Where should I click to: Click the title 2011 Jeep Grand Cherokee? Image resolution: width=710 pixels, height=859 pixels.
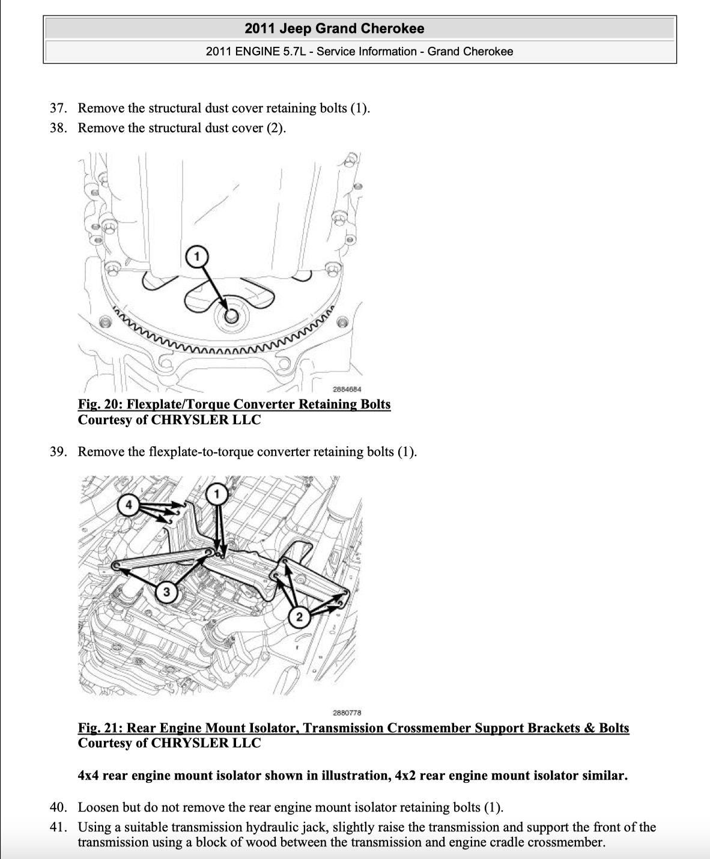pyautogui.click(x=334, y=29)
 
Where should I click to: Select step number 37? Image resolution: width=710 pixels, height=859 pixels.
pyautogui.click(x=57, y=109)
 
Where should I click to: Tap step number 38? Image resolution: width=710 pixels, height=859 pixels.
pyautogui.click(x=57, y=129)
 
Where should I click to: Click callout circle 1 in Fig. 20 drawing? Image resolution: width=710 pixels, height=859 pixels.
pyautogui.click(x=196, y=256)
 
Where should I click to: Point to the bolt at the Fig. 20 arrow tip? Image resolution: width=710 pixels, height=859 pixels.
pyautogui.click(x=231, y=317)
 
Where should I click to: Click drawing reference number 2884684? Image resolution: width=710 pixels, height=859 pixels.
pyautogui.click(x=347, y=389)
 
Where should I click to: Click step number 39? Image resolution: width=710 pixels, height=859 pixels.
pyautogui.click(x=57, y=452)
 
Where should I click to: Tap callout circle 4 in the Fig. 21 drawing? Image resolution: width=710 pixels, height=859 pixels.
pyautogui.click(x=128, y=504)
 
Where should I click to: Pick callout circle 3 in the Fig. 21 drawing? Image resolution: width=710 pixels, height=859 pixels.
pyautogui.click(x=166, y=592)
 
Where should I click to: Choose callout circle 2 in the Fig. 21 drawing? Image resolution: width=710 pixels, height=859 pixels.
pyautogui.click(x=299, y=616)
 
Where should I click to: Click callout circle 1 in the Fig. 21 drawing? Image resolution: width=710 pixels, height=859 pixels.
pyautogui.click(x=217, y=494)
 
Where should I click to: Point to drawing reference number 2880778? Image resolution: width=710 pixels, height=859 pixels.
pyautogui.click(x=347, y=712)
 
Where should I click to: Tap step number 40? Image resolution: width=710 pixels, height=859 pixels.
pyautogui.click(x=57, y=807)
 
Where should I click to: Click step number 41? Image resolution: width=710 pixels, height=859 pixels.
pyautogui.click(x=57, y=827)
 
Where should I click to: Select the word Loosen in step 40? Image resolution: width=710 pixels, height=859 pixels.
pyautogui.click(x=98, y=807)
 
